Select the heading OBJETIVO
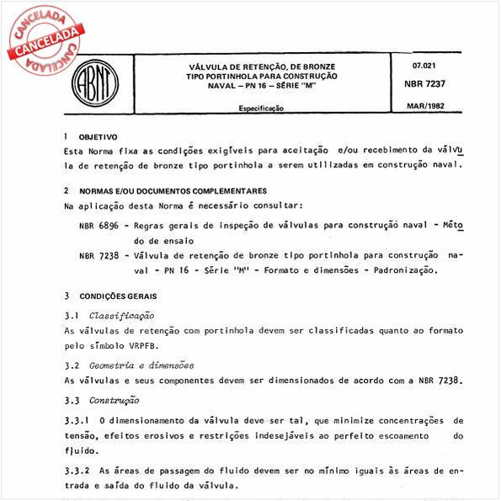(99, 136)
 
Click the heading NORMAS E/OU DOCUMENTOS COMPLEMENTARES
(173, 190)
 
